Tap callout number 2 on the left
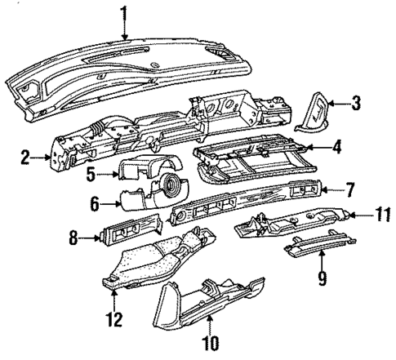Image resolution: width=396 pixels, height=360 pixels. [25, 155]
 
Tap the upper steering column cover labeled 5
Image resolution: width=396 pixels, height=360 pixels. [140, 168]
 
